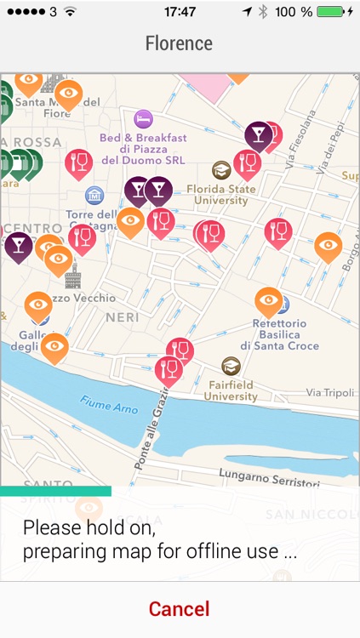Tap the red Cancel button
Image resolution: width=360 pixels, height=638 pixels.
coord(179,609)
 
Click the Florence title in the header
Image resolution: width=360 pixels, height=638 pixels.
coord(179,43)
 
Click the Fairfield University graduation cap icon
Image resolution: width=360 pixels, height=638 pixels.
coord(231,366)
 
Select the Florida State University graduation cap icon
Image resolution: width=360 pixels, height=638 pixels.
coord(222,170)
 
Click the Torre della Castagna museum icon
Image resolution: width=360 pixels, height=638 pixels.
coord(94,195)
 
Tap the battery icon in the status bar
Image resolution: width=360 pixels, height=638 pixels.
coord(332,12)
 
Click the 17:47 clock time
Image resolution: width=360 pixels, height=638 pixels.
coord(180,12)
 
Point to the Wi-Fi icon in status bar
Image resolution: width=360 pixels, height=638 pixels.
coord(70,12)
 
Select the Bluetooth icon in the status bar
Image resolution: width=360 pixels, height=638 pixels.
coord(263,12)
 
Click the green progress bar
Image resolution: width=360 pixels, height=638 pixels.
coord(55,491)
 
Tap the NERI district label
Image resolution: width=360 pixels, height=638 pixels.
coord(122,316)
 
